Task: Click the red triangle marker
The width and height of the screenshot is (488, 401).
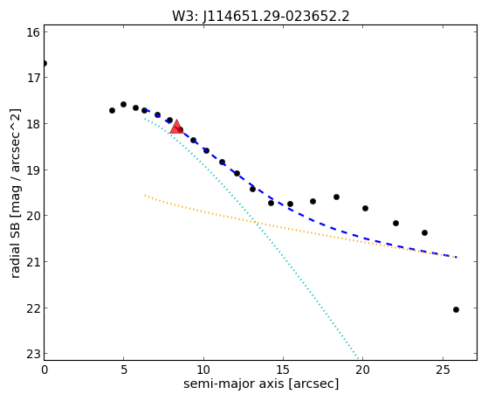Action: (176, 127)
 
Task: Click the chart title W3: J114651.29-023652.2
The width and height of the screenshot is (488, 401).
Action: (261, 17)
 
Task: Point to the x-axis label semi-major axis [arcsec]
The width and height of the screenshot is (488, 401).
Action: (261, 384)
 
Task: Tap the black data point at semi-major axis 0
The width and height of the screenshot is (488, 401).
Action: (45, 64)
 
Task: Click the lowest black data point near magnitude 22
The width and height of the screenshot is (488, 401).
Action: (456, 310)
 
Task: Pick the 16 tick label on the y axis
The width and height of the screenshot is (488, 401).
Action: (33, 32)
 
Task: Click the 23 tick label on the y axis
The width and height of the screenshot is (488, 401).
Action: (33, 354)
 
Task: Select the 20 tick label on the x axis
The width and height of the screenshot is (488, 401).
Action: (363, 370)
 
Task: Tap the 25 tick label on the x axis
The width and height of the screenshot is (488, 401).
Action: (443, 370)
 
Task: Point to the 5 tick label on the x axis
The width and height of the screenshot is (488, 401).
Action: (124, 370)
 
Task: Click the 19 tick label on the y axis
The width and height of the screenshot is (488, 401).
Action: (33, 170)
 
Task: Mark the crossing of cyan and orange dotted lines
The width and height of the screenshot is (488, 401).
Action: (255, 222)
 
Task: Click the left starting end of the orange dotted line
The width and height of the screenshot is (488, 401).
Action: (145, 196)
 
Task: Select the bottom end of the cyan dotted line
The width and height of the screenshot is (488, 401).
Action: (358, 359)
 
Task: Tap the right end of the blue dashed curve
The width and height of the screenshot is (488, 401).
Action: (457, 258)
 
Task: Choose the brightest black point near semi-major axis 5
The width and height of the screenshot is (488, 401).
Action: (124, 104)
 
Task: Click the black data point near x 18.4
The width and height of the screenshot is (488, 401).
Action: (336, 197)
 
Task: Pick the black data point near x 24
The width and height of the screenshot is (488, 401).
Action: (424, 232)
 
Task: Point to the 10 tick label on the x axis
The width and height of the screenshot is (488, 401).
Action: (203, 370)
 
